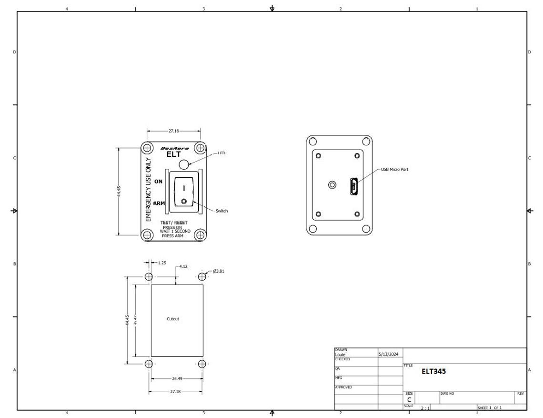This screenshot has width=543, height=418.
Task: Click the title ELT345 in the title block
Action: [433, 371]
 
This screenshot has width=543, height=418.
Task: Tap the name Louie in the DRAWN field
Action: [341, 355]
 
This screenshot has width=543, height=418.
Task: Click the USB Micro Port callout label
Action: [394, 169]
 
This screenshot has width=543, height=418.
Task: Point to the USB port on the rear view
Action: [353, 186]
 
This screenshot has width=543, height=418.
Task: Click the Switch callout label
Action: [221, 211]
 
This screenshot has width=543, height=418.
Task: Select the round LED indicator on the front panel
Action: [184, 164]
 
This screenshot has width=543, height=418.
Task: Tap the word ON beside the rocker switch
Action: [158, 182]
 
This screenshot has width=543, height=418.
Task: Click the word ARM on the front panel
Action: [159, 204]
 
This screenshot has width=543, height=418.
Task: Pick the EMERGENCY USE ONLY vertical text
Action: [148, 190]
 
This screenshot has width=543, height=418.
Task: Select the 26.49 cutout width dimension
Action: [177, 378]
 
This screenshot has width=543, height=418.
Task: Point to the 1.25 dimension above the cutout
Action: [161, 263]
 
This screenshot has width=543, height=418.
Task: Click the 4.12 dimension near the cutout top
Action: [184, 267]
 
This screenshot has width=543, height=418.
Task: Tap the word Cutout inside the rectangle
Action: [173, 319]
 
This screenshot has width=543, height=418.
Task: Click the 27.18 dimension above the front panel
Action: [174, 131]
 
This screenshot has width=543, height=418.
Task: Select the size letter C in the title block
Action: [409, 399]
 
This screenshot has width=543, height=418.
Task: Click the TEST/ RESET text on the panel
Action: [174, 223]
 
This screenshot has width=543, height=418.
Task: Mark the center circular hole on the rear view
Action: [333, 184]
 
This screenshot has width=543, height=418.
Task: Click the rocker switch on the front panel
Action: [183, 192]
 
